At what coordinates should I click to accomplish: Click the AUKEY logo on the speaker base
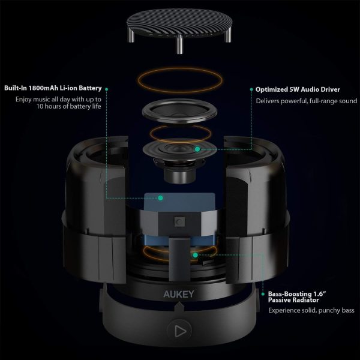pos(179,294)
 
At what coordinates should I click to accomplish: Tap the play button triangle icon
pos(180,331)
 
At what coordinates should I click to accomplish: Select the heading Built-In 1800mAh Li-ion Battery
pos(53,88)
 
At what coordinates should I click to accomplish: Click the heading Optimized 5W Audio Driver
pos(298,89)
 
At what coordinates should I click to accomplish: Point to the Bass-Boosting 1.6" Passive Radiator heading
pos(297,297)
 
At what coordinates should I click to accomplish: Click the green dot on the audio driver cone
pos(197,149)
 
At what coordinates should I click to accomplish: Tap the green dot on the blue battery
pos(161,197)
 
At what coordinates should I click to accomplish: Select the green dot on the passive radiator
pos(195,255)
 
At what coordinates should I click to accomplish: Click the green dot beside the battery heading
pos(107,89)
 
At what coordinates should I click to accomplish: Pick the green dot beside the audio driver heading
pos(251,89)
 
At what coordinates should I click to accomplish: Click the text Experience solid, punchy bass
pos(311,310)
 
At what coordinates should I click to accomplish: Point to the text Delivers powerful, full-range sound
pos(307,101)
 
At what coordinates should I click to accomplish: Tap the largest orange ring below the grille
pos(180,80)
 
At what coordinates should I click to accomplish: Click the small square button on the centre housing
pos(179,221)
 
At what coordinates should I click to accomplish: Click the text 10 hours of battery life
pos(68,106)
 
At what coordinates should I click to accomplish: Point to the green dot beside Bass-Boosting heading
pos(263,294)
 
